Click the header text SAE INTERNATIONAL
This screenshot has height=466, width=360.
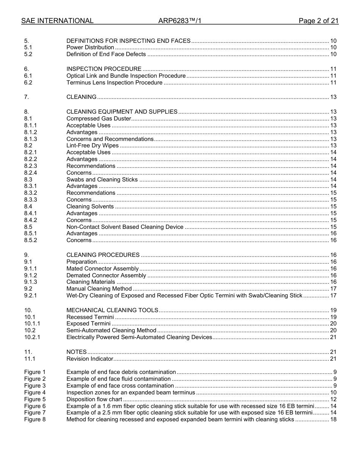pos(57,21)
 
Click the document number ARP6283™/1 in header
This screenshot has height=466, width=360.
pos(180,21)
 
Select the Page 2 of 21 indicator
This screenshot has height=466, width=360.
pos(318,21)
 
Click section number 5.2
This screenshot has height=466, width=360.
pos(28,54)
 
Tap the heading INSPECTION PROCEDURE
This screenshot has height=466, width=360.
pos(104,69)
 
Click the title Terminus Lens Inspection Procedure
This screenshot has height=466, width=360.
pos(114,83)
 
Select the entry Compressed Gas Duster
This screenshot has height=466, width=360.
pos(99,119)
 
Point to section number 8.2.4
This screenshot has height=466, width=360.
pos(31,173)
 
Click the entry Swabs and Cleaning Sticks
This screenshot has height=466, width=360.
pos(102,180)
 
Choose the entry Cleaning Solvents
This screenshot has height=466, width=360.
pos(90,206)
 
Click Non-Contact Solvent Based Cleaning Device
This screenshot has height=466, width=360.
pos(125,227)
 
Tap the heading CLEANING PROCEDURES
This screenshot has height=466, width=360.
pos(103,255)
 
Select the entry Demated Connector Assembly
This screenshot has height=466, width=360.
pos(106,275)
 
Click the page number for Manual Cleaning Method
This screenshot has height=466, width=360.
pos(333,289)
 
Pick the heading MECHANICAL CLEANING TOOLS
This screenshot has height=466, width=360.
pos(112,310)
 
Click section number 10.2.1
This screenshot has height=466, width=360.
pos(32,337)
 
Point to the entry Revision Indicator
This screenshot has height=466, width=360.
pos(90,359)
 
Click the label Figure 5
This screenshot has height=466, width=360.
pos(35,399)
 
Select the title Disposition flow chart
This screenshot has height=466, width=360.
pos(94,399)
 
